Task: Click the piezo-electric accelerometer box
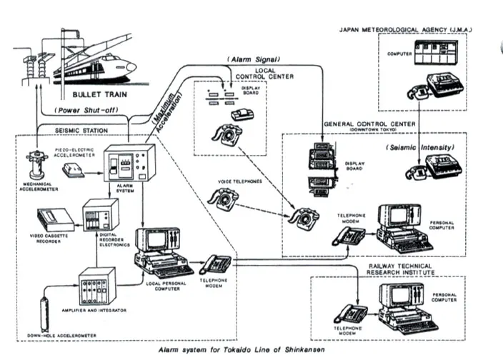coord(75,170)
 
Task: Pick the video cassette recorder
coord(55,219)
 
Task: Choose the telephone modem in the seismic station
coord(215,264)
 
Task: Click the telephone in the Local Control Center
coord(229,134)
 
